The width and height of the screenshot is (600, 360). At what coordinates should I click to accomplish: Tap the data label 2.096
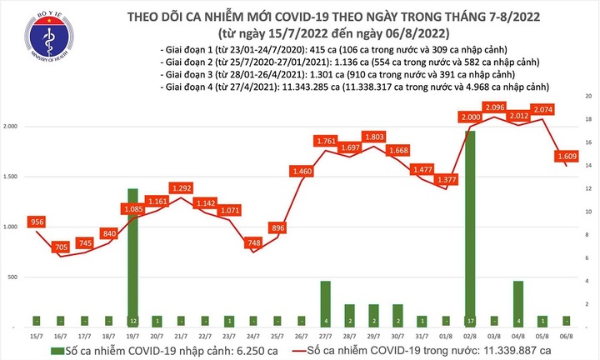pyautogui.click(x=494, y=107)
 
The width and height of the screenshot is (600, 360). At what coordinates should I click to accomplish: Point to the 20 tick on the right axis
pyautogui.click(x=588, y=97)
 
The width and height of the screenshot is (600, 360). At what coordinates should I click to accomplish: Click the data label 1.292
pyautogui.click(x=182, y=189)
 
